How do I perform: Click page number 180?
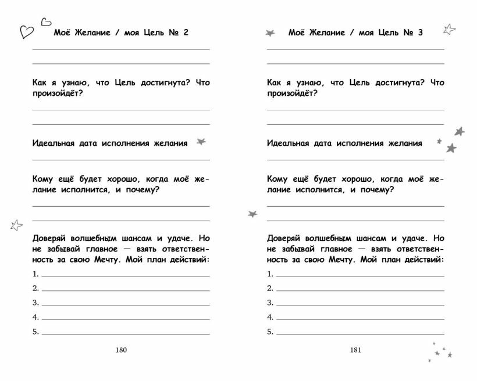click(x=121, y=350)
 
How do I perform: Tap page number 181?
click(x=355, y=350)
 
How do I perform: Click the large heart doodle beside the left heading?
click(x=27, y=31)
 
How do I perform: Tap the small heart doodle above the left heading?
click(x=45, y=23)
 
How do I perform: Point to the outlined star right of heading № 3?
click(x=449, y=28)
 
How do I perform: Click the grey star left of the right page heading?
click(x=270, y=33)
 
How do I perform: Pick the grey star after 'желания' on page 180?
click(x=202, y=141)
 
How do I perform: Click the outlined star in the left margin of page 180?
click(x=16, y=224)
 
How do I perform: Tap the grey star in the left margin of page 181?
click(x=252, y=214)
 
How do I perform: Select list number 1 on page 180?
click(x=35, y=274)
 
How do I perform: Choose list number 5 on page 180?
click(x=35, y=332)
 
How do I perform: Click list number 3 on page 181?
click(x=270, y=303)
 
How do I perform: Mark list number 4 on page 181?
click(x=270, y=317)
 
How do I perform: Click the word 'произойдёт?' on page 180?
click(x=57, y=94)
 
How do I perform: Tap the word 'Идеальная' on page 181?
click(x=288, y=143)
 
